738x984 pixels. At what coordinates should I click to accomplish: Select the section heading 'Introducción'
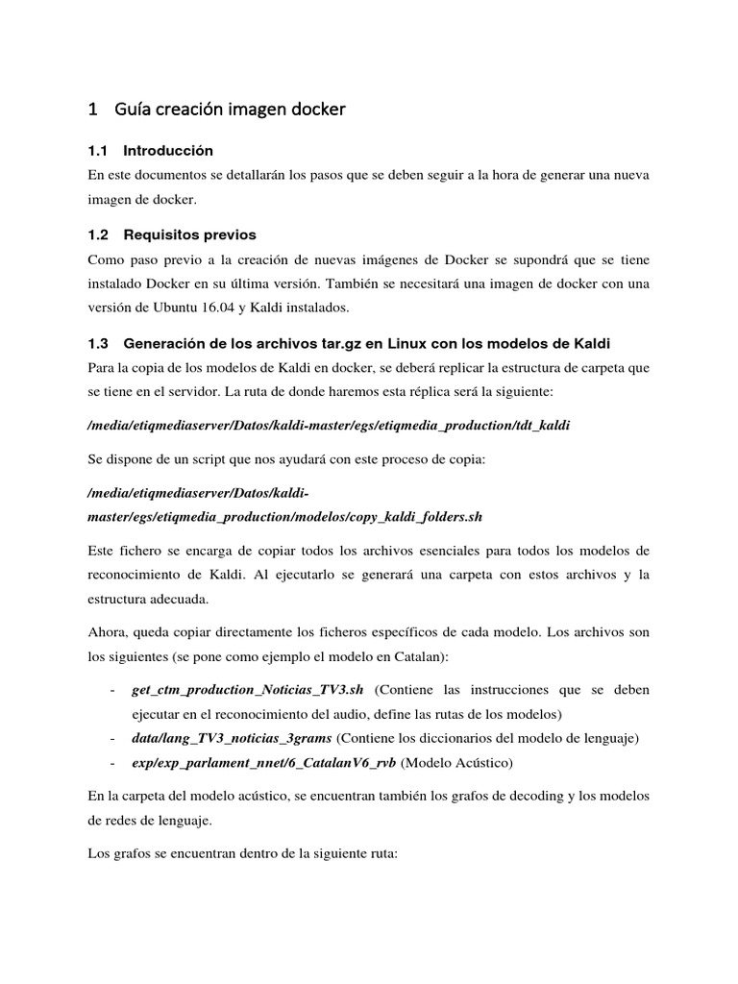click(168, 151)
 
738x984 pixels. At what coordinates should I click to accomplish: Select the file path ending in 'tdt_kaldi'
click(328, 425)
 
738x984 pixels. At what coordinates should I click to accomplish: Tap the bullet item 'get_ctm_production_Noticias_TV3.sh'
click(250, 690)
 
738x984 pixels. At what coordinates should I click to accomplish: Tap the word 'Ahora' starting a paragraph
click(106, 632)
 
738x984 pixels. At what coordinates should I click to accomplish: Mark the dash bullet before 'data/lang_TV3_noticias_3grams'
click(114, 738)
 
